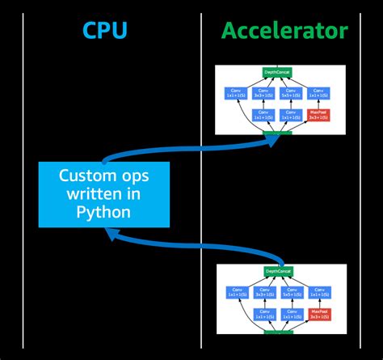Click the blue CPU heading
105,32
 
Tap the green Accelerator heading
284,32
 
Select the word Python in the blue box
104,211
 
